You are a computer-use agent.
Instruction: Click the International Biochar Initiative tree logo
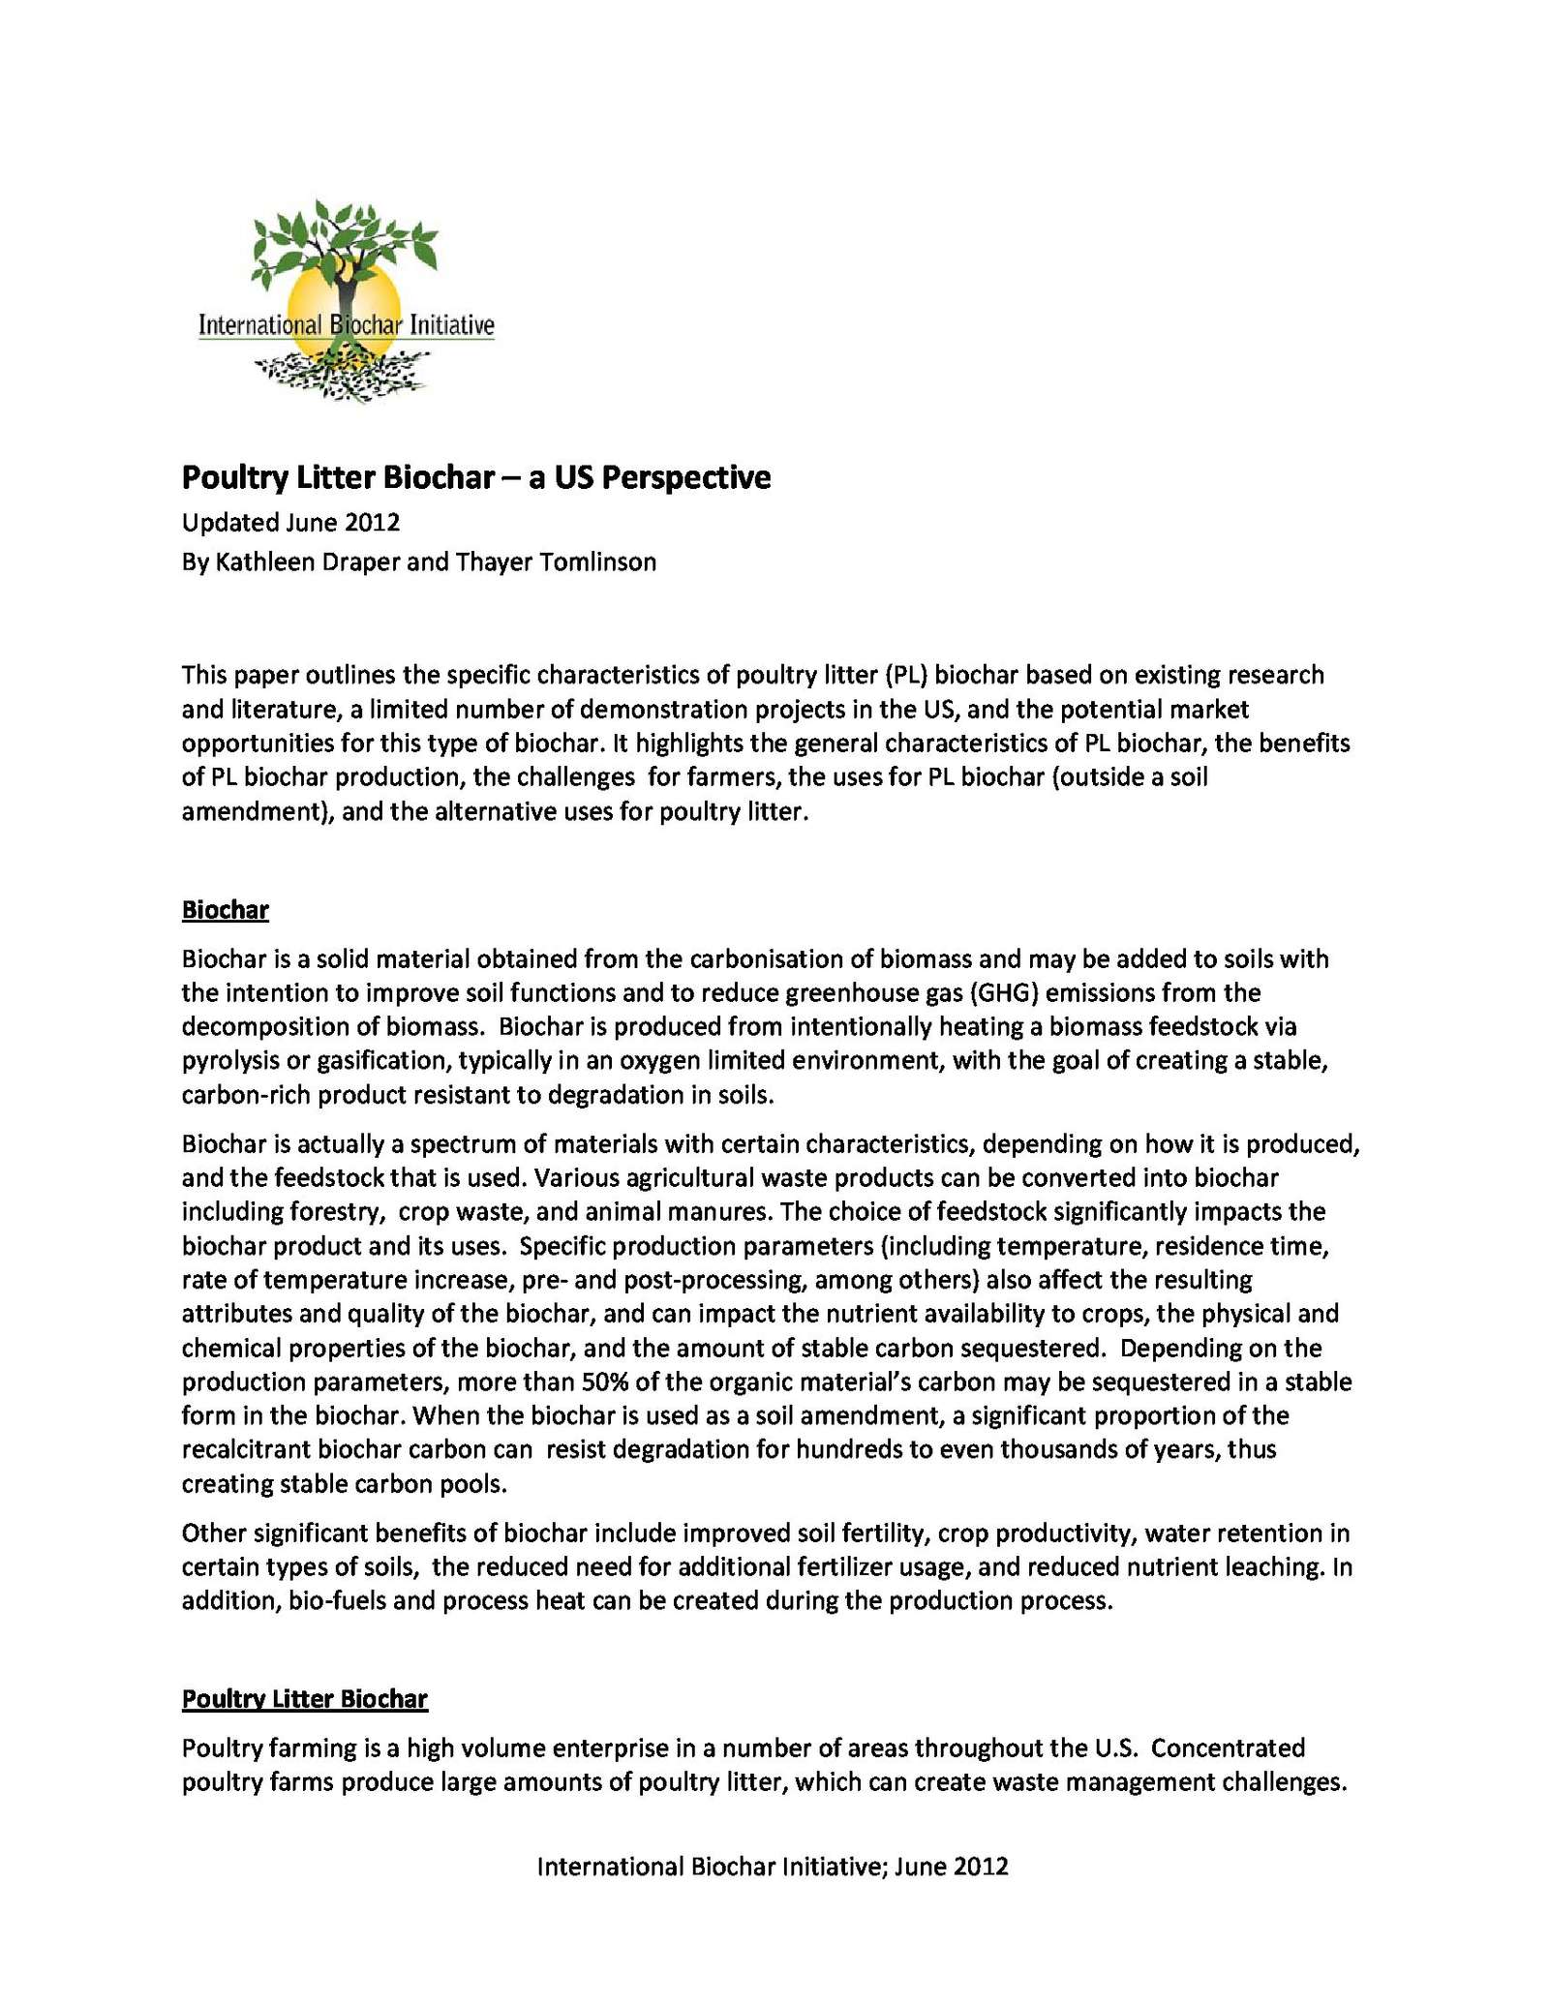click(x=346, y=301)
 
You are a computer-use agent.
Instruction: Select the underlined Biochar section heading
click(x=225, y=910)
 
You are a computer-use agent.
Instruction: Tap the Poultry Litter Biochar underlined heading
click(x=305, y=1699)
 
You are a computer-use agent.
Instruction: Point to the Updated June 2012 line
click(x=290, y=523)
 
